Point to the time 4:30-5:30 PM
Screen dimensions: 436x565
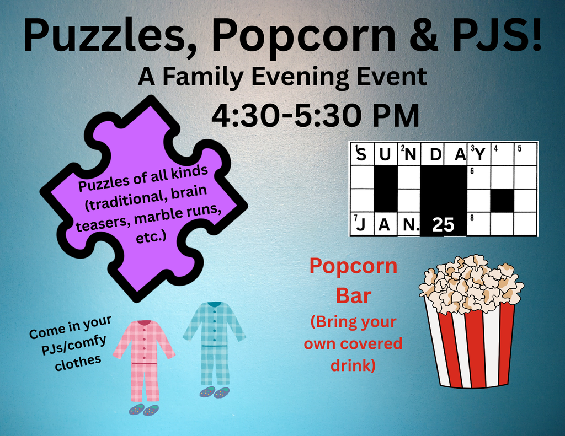tap(315, 116)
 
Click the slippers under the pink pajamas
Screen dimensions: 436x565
tap(143, 410)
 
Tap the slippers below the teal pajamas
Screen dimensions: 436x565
tap(214, 392)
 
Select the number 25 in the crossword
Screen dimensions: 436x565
tap(443, 225)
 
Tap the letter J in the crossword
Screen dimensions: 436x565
tap(361, 225)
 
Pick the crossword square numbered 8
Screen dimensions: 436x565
tap(478, 224)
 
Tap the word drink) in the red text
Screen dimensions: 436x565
tap(353, 365)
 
